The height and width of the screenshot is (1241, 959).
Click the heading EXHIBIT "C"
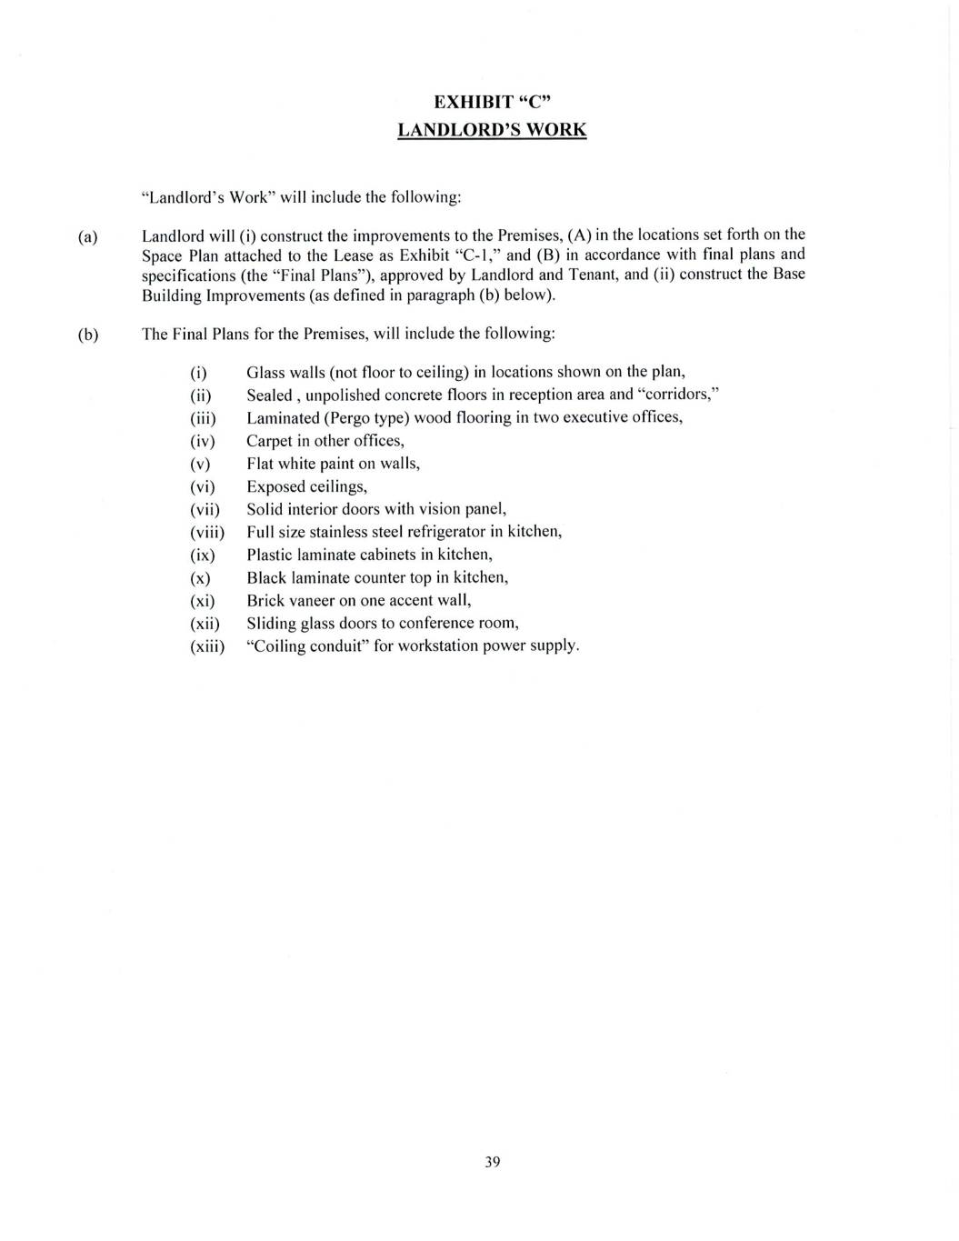pos(492,101)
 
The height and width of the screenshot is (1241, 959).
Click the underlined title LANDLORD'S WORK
pos(492,129)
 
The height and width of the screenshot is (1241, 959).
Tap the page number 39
pos(492,1161)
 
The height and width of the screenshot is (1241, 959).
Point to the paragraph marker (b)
pos(88,335)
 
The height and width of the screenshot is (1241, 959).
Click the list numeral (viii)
pos(206,533)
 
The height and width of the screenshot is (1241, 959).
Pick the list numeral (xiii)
pos(206,646)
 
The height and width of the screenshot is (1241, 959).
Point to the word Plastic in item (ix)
pos(270,555)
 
